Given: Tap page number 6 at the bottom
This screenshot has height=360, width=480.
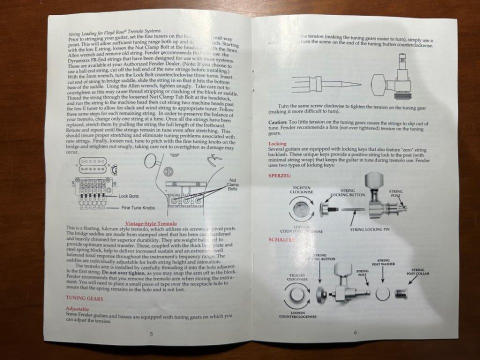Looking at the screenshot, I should click(355, 332).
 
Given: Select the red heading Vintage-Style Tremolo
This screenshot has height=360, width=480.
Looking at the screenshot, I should click(150, 222).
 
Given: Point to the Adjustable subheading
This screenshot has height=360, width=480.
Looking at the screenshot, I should click(77, 309).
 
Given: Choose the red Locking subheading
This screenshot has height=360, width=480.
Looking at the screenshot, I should click(277, 143).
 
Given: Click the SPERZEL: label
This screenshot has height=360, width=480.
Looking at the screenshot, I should click(279, 176).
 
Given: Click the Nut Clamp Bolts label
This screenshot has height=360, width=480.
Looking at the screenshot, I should click(233, 183).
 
